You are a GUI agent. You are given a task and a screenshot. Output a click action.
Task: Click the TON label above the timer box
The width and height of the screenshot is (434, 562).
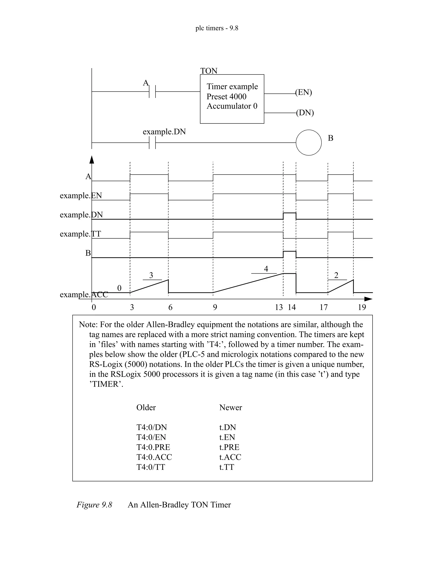[209, 71]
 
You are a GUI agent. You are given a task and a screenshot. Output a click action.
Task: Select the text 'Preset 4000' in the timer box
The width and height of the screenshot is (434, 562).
[226, 96]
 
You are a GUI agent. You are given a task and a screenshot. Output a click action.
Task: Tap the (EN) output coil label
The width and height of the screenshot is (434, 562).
[303, 92]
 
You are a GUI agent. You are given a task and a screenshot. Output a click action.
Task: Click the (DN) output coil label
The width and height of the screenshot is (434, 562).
[305, 113]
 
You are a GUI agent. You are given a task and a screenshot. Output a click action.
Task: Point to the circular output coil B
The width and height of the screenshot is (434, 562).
[309, 143]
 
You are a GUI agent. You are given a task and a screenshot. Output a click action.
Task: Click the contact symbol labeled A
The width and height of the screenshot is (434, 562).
[152, 91]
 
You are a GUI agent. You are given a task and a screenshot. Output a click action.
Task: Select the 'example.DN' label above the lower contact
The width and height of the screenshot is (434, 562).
[164, 132]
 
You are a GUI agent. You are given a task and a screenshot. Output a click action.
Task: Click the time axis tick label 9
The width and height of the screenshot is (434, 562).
[215, 307]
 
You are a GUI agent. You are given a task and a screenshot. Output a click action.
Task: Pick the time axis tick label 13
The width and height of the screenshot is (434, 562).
[279, 307]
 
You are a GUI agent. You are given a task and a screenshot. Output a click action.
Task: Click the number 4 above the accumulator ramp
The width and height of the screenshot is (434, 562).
[266, 269]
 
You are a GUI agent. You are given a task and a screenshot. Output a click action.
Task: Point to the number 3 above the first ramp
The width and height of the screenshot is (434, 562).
[151, 275]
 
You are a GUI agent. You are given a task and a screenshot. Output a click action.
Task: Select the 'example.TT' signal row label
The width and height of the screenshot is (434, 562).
[80, 234]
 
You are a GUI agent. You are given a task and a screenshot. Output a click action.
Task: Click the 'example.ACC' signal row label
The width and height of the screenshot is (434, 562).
[84, 294]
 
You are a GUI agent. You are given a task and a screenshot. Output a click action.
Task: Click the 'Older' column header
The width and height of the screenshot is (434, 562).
[146, 407]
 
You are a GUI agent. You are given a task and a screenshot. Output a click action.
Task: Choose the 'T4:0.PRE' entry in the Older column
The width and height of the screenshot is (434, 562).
[153, 447]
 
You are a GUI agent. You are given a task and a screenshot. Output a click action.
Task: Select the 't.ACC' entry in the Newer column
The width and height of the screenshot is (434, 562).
[230, 457]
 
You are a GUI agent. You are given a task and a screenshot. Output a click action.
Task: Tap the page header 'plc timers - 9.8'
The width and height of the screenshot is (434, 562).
[217, 28]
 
